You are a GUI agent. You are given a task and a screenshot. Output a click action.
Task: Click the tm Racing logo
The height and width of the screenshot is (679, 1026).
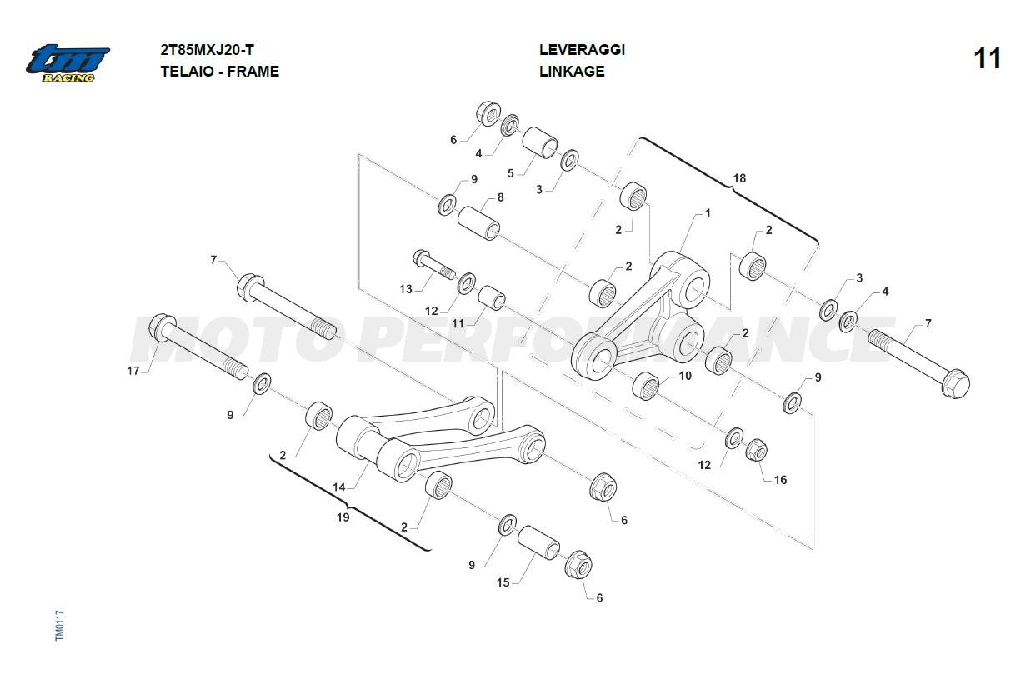(x=67, y=62)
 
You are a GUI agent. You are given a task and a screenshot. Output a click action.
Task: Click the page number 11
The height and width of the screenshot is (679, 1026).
(x=987, y=59)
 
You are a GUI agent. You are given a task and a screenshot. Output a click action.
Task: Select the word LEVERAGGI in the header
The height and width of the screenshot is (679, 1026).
(x=582, y=50)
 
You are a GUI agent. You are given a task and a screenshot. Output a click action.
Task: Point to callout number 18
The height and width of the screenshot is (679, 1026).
(x=739, y=178)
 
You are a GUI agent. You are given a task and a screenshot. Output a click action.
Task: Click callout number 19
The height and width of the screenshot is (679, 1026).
(x=343, y=517)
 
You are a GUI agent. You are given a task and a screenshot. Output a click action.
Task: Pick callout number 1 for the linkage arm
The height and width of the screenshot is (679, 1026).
(x=708, y=213)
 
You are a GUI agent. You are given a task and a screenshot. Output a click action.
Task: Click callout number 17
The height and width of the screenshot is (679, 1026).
(x=133, y=371)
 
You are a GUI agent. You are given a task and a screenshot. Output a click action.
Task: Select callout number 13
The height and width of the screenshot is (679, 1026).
(x=406, y=289)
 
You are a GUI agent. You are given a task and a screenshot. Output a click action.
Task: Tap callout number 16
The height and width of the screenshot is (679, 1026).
(x=780, y=480)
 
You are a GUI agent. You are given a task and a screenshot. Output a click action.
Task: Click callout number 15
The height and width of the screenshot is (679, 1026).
(x=503, y=582)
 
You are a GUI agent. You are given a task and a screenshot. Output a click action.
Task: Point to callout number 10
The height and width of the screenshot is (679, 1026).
(x=685, y=376)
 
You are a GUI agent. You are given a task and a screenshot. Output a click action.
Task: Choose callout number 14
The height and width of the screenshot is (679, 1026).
(x=339, y=486)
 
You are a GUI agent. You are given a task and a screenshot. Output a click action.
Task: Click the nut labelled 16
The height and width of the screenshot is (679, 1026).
(x=756, y=451)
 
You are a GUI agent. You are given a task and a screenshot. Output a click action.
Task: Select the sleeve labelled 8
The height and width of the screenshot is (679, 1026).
(x=478, y=222)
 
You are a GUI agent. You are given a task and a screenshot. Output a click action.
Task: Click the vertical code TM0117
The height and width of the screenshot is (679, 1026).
(x=59, y=625)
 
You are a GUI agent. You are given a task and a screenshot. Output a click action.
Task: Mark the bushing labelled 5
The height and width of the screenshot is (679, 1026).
(x=541, y=142)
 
